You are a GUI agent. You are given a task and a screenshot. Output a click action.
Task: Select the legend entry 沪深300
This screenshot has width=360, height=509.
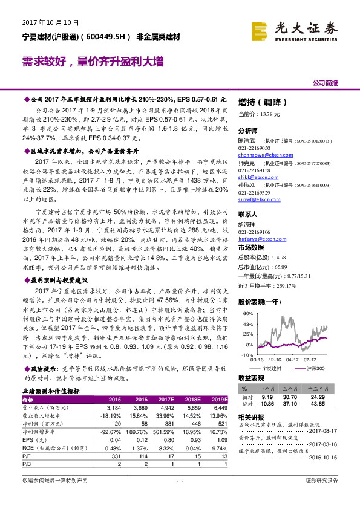point(315,368)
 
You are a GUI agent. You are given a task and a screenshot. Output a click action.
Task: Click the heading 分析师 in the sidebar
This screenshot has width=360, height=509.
point(248,130)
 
